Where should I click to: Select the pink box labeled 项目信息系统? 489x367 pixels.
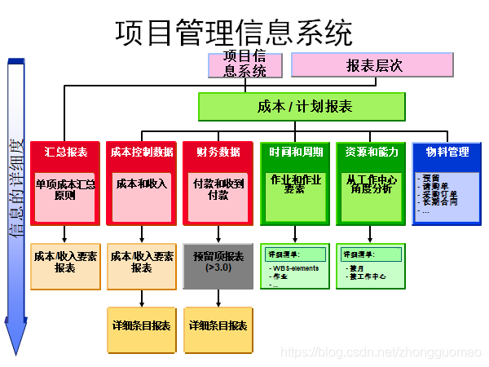click(245, 64)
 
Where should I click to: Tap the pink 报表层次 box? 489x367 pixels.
click(372, 65)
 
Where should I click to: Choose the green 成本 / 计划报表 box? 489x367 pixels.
click(302, 107)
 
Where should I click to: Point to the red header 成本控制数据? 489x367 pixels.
click(141, 152)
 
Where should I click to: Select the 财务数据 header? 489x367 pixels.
click(218, 152)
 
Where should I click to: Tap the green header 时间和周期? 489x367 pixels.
click(295, 152)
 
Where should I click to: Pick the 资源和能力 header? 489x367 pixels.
click(371, 152)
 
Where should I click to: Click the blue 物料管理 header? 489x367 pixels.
click(447, 152)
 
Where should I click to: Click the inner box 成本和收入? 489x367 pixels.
click(141, 184)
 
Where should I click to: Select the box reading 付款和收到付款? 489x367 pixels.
click(218, 190)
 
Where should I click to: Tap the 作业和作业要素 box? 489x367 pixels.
click(295, 184)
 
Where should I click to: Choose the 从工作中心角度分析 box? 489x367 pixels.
click(371, 184)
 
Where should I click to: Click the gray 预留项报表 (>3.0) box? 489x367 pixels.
click(218, 262)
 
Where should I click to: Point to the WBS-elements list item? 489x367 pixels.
click(295, 268)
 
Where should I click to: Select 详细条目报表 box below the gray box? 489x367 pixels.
click(218, 325)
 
